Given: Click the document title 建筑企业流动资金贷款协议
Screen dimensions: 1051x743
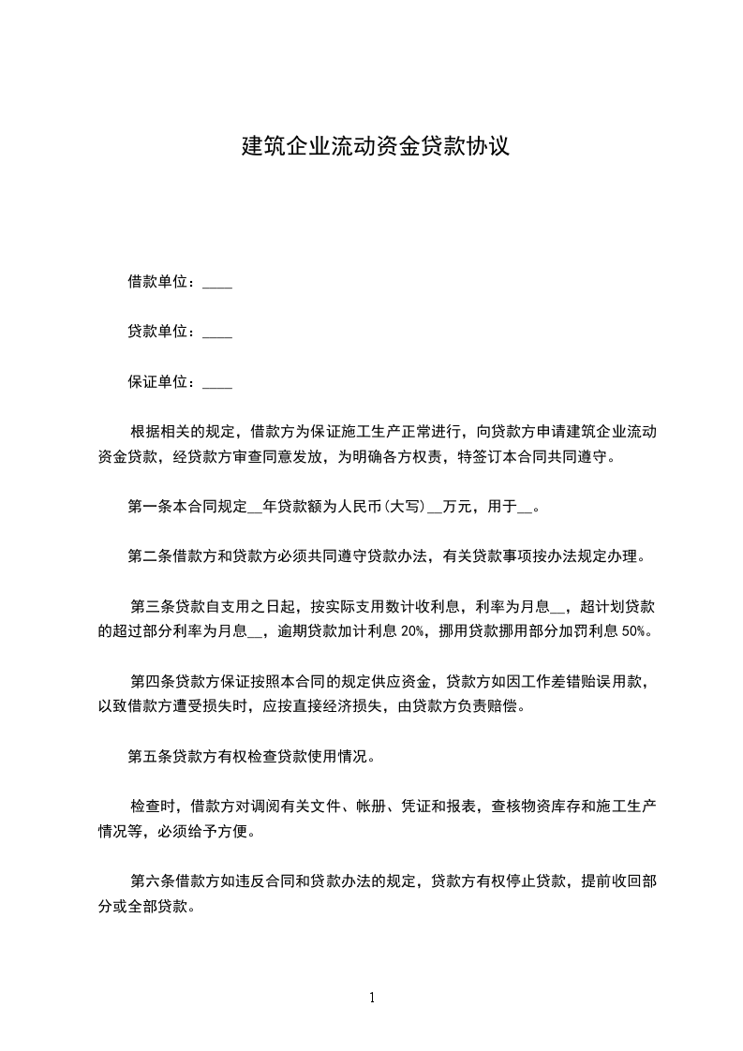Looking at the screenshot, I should [x=376, y=146].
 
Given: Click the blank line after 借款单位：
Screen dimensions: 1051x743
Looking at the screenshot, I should [x=217, y=282].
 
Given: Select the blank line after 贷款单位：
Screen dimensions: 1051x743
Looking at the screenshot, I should [x=217, y=332].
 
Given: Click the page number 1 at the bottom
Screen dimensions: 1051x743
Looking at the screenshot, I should [x=372, y=998].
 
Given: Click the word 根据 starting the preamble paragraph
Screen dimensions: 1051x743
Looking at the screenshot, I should [x=145, y=433].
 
